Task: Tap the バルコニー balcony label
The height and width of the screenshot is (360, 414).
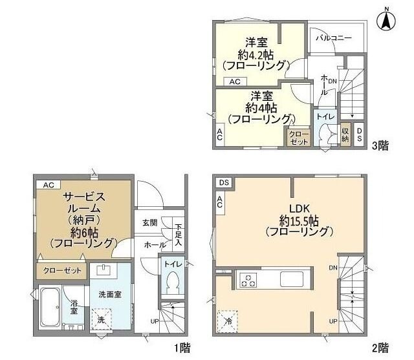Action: pos(334,38)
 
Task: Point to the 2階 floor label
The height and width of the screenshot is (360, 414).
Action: pos(380,348)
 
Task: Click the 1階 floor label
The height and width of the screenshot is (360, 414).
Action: pos(183,348)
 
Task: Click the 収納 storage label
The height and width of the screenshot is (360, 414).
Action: pos(345,134)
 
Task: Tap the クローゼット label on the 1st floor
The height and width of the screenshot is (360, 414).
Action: pos(63,270)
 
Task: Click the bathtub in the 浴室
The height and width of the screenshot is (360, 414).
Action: pos(51,308)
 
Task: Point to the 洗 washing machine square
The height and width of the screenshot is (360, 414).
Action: pos(101,319)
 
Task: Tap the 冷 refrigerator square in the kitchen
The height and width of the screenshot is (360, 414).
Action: pos(228,319)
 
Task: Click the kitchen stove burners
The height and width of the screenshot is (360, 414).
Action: pos(248,280)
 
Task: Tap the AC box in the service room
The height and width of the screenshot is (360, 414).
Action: pos(48,184)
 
